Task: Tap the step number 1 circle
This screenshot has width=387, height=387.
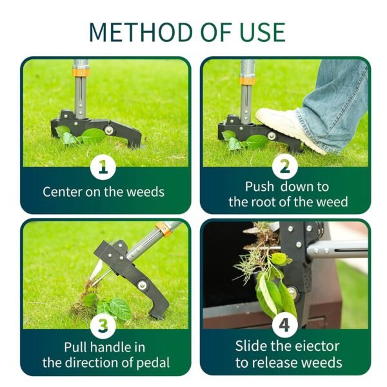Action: pyautogui.click(x=103, y=168)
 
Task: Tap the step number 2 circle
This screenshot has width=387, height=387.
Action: pyautogui.click(x=285, y=168)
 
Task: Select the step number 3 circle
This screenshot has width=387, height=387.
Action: pyautogui.click(x=103, y=327)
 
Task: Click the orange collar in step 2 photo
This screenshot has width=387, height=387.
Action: pyautogui.click(x=246, y=81)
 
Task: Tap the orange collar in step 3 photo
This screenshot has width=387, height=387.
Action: pyautogui.click(x=166, y=228)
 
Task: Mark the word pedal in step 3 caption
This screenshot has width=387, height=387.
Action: pyautogui.click(x=152, y=362)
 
